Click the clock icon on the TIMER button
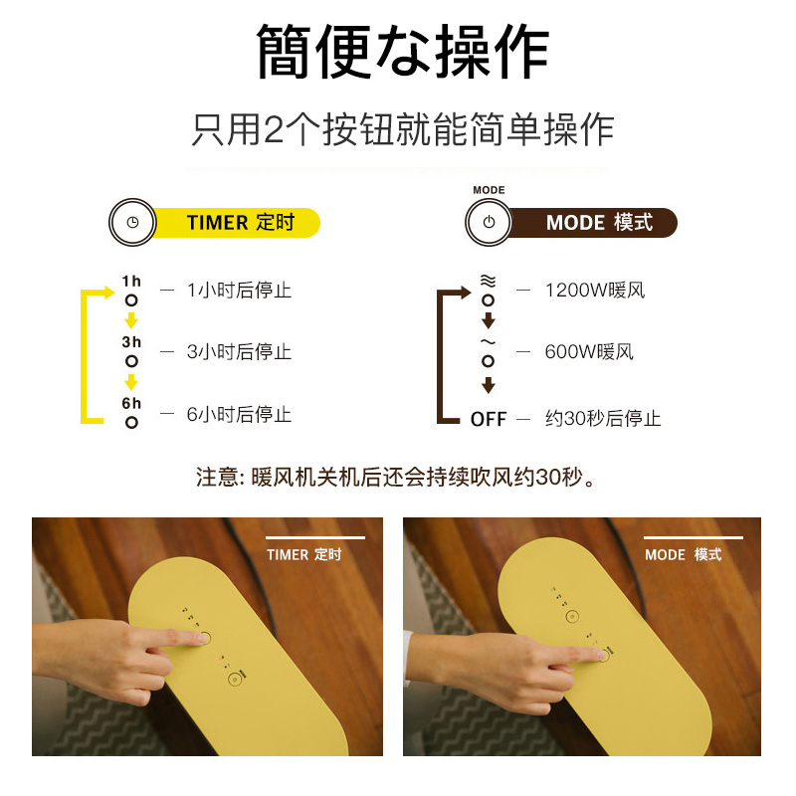(132, 222)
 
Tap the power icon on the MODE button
(489, 222)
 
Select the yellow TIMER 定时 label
(240, 222)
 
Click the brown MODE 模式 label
(599, 222)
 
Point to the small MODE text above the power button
(489, 190)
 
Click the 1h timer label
(131, 282)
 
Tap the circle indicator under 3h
(131, 361)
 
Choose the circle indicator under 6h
(131, 422)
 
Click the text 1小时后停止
(239, 291)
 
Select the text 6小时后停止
(239, 414)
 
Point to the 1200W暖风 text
(595, 291)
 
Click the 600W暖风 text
(589, 351)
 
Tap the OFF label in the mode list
(489, 419)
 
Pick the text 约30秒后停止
(603, 419)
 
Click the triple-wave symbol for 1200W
(488, 281)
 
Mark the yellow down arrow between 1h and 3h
(131, 320)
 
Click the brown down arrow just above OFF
(489, 385)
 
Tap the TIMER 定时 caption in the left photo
(304, 555)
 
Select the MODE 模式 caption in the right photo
(684, 555)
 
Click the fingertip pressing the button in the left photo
(202, 638)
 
